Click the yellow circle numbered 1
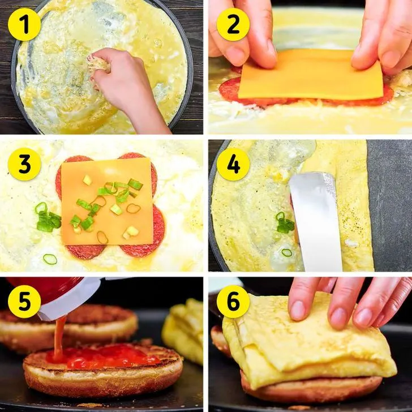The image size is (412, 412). click(x=24, y=24)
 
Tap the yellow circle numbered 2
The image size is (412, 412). click(x=233, y=24)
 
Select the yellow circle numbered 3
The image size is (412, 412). click(x=24, y=164)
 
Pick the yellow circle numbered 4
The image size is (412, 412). click(x=233, y=164)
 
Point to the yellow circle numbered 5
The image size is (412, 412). click(x=24, y=302)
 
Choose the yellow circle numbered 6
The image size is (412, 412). click(x=233, y=302)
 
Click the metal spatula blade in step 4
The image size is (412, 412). click(x=315, y=221)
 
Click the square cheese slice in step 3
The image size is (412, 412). click(x=106, y=202)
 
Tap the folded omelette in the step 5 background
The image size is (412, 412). click(x=183, y=331)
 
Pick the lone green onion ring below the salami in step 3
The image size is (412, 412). click(x=50, y=259)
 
